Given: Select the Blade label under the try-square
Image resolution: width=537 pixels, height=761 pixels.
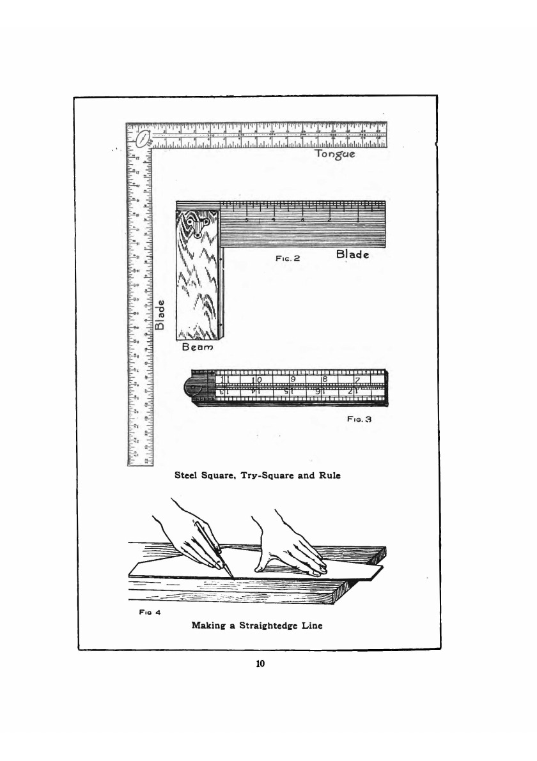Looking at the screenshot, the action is (352, 255).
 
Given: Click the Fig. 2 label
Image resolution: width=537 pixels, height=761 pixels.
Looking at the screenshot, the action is (284, 259).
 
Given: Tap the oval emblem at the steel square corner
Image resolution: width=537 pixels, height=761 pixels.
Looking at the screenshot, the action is (142, 137).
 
